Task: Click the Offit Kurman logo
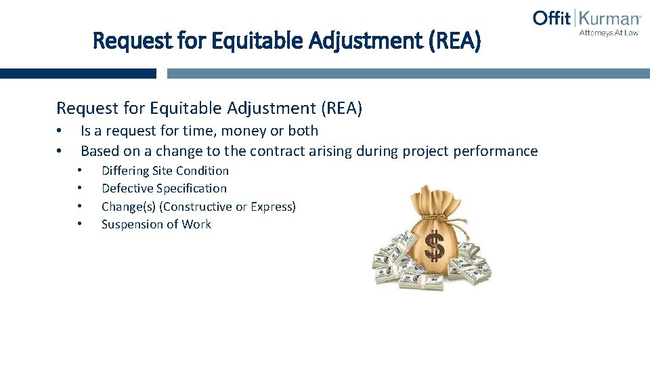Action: pyautogui.click(x=586, y=19)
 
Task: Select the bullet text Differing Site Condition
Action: pyautogui.click(x=165, y=171)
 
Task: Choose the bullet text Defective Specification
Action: pyautogui.click(x=164, y=188)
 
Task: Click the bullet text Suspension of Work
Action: pyautogui.click(x=156, y=224)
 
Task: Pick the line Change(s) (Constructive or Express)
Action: pyautogui.click(x=198, y=207)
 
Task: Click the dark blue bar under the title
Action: pyautogui.click(x=78, y=73)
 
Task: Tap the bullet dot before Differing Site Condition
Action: pyautogui.click(x=80, y=171)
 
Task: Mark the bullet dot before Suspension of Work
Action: pyautogui.click(x=80, y=224)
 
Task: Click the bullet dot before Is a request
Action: pyautogui.click(x=60, y=131)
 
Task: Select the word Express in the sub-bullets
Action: pyautogui.click(x=272, y=207)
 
